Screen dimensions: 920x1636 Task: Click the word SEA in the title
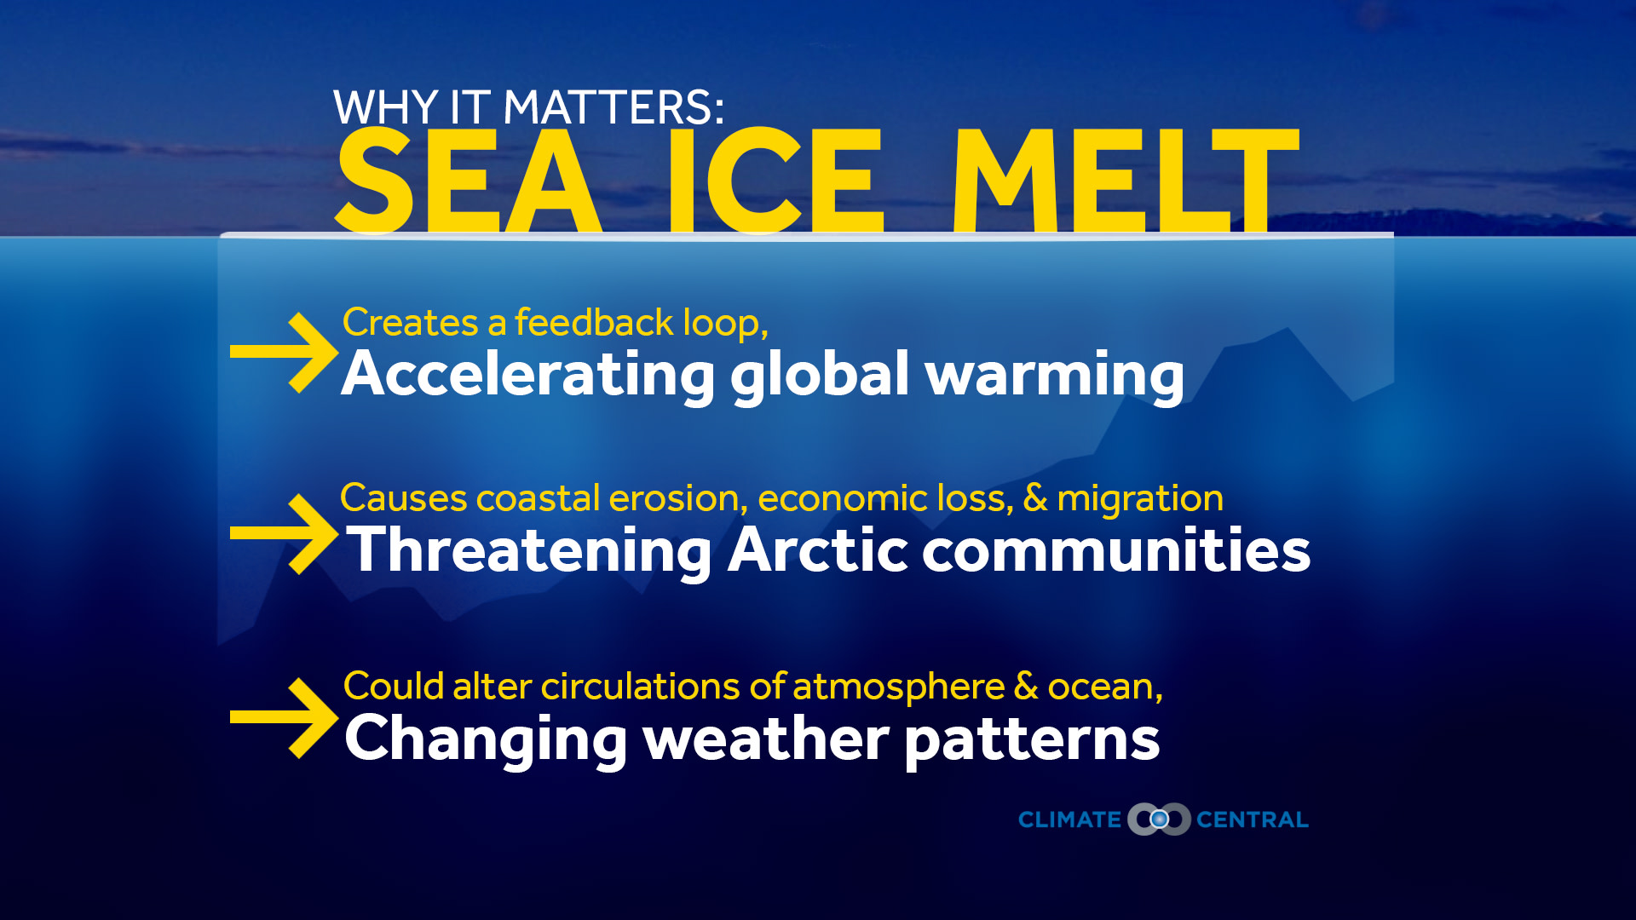[x=467, y=181]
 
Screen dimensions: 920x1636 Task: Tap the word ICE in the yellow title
[x=775, y=181]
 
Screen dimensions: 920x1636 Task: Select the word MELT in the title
[x=1125, y=181]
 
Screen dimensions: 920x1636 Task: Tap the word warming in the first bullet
[x=1055, y=375]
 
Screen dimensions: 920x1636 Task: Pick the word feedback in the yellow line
[x=594, y=323]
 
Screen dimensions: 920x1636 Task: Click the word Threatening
[x=530, y=550]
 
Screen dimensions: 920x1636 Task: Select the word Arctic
[x=818, y=550]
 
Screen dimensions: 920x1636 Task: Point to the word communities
[x=1116, y=550]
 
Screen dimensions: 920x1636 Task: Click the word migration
[x=1140, y=498]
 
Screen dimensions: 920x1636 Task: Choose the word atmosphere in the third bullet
[x=899, y=687]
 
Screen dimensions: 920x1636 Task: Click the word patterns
[x=1032, y=739]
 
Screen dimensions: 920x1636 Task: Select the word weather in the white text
[x=765, y=739]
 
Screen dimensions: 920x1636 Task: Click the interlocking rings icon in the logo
[x=1159, y=819]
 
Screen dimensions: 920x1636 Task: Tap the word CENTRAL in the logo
[x=1252, y=819]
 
